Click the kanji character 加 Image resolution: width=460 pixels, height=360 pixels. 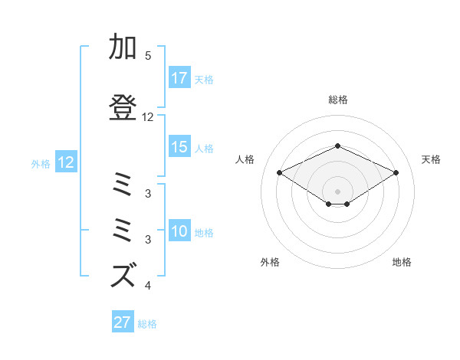tap(123, 47)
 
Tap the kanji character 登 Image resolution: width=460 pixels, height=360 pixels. tap(123, 106)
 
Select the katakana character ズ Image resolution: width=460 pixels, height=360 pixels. tap(123, 274)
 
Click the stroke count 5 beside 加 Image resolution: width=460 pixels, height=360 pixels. tap(148, 56)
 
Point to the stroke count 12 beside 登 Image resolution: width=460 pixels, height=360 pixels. tap(148, 117)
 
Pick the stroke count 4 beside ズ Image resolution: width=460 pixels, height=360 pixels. tap(148, 286)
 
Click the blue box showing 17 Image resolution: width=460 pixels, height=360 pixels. tap(179, 77)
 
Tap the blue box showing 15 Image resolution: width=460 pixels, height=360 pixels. tap(179, 147)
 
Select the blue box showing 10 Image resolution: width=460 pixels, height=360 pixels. tap(179, 231)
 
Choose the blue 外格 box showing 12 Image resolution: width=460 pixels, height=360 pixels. tap(65, 162)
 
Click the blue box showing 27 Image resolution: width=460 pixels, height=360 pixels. tap(122, 322)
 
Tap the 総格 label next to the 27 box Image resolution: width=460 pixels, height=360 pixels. tap(147, 323)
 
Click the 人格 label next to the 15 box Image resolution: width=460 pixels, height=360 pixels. tap(204, 148)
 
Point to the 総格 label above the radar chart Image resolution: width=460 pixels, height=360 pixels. tap(337, 100)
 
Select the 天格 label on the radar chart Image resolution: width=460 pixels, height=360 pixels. tap(432, 159)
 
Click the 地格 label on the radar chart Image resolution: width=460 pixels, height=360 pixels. tap(402, 262)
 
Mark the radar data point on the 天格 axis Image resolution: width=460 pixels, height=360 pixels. tap(396, 172)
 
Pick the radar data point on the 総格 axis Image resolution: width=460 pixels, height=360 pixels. tap(337, 146)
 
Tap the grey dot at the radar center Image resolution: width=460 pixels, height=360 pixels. tap(337, 191)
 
